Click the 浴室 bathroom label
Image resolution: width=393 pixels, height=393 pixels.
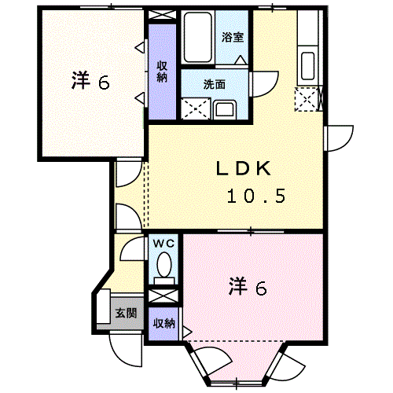pyautogui.click(x=232, y=36)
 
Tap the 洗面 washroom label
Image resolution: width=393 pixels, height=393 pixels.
pyautogui.click(x=214, y=84)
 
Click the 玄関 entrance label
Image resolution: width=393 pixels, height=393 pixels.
pyautogui.click(x=125, y=313)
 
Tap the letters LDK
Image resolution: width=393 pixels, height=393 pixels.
pyautogui.click(x=244, y=168)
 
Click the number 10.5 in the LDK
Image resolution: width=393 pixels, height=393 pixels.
pyautogui.click(x=256, y=196)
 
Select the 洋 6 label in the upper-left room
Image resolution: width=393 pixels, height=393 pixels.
pyautogui.click(x=90, y=81)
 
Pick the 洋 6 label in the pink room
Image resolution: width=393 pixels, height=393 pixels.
pyautogui.click(x=248, y=287)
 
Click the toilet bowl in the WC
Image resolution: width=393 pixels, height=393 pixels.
pyautogui.click(x=163, y=269)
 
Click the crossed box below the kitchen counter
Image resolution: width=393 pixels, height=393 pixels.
pyautogui.click(x=306, y=99)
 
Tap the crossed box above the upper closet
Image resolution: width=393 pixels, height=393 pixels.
pyautogui.click(x=163, y=15)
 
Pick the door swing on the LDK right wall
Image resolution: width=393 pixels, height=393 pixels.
pyautogui.click(x=338, y=138)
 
